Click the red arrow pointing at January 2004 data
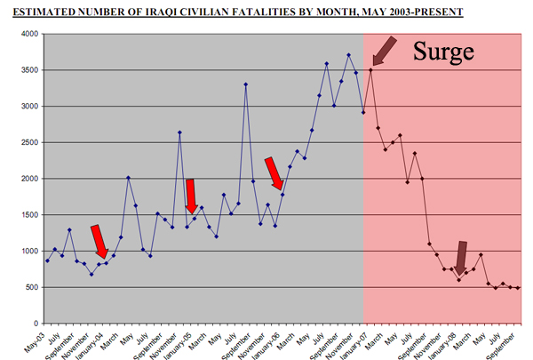click(x=99, y=240)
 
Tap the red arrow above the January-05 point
click(x=190, y=195)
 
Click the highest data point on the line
click(x=349, y=55)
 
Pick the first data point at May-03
click(x=47, y=260)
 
